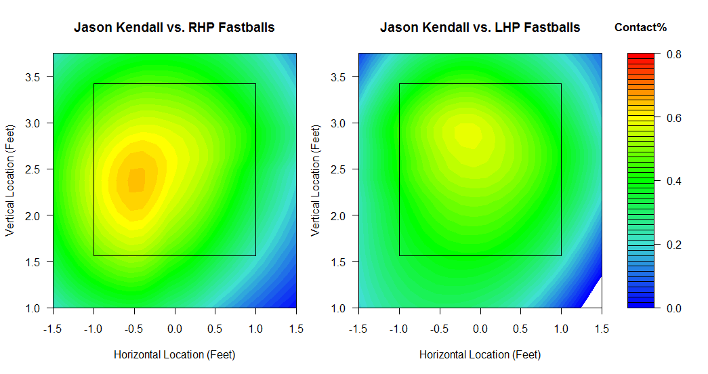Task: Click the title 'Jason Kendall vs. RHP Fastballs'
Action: pos(174,28)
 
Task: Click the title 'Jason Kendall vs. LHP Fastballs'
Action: pos(480,28)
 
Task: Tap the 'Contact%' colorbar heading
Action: pos(640,28)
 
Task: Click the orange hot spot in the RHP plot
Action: pos(136,180)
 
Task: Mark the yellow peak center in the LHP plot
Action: pos(468,135)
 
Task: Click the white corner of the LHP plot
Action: pos(594,296)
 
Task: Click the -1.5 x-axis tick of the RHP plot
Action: pos(54,329)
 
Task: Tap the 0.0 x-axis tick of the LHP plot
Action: pos(480,329)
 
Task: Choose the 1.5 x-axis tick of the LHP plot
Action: pos(602,329)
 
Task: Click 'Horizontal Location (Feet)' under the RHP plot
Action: pos(174,354)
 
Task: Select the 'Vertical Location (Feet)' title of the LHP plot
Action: pos(316,180)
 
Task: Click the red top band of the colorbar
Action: pos(641,56)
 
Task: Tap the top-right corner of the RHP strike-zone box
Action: pos(255,84)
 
